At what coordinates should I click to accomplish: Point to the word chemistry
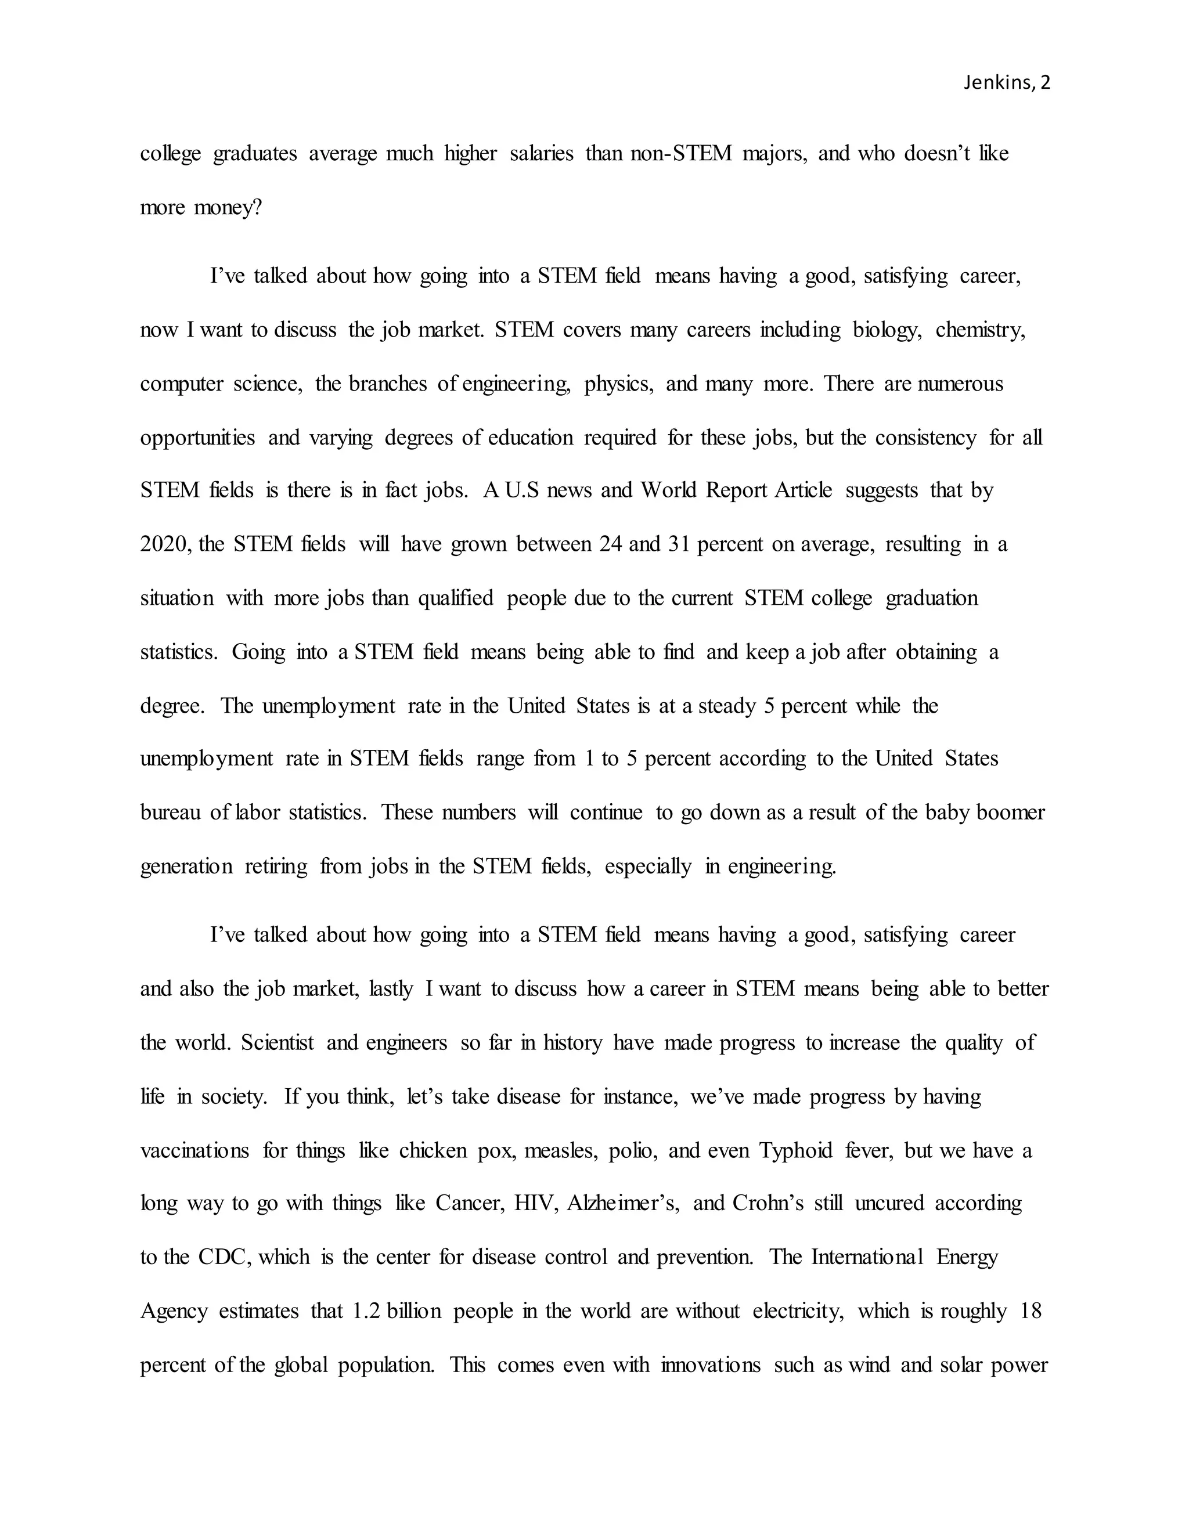tap(980, 330)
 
